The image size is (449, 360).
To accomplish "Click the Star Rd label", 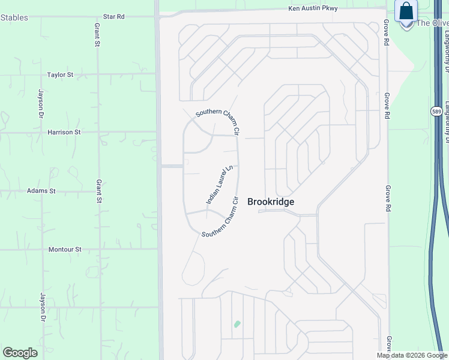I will point(113,17).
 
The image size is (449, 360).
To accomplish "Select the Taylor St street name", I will point(60,75).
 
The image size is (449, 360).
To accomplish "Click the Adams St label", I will point(41,191).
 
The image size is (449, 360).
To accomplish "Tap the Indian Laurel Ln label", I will point(219,185).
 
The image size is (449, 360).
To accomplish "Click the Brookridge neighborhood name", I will point(271,202).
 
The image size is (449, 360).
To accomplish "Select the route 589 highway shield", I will point(436,112).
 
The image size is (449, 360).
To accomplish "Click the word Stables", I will point(14,17).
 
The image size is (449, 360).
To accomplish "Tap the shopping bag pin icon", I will point(406,12).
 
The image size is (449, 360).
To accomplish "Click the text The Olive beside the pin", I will point(432,23).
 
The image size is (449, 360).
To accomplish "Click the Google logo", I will point(20,353).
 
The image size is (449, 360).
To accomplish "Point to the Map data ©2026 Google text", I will point(412,355).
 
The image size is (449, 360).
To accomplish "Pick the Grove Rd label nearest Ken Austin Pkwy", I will point(387,31).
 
